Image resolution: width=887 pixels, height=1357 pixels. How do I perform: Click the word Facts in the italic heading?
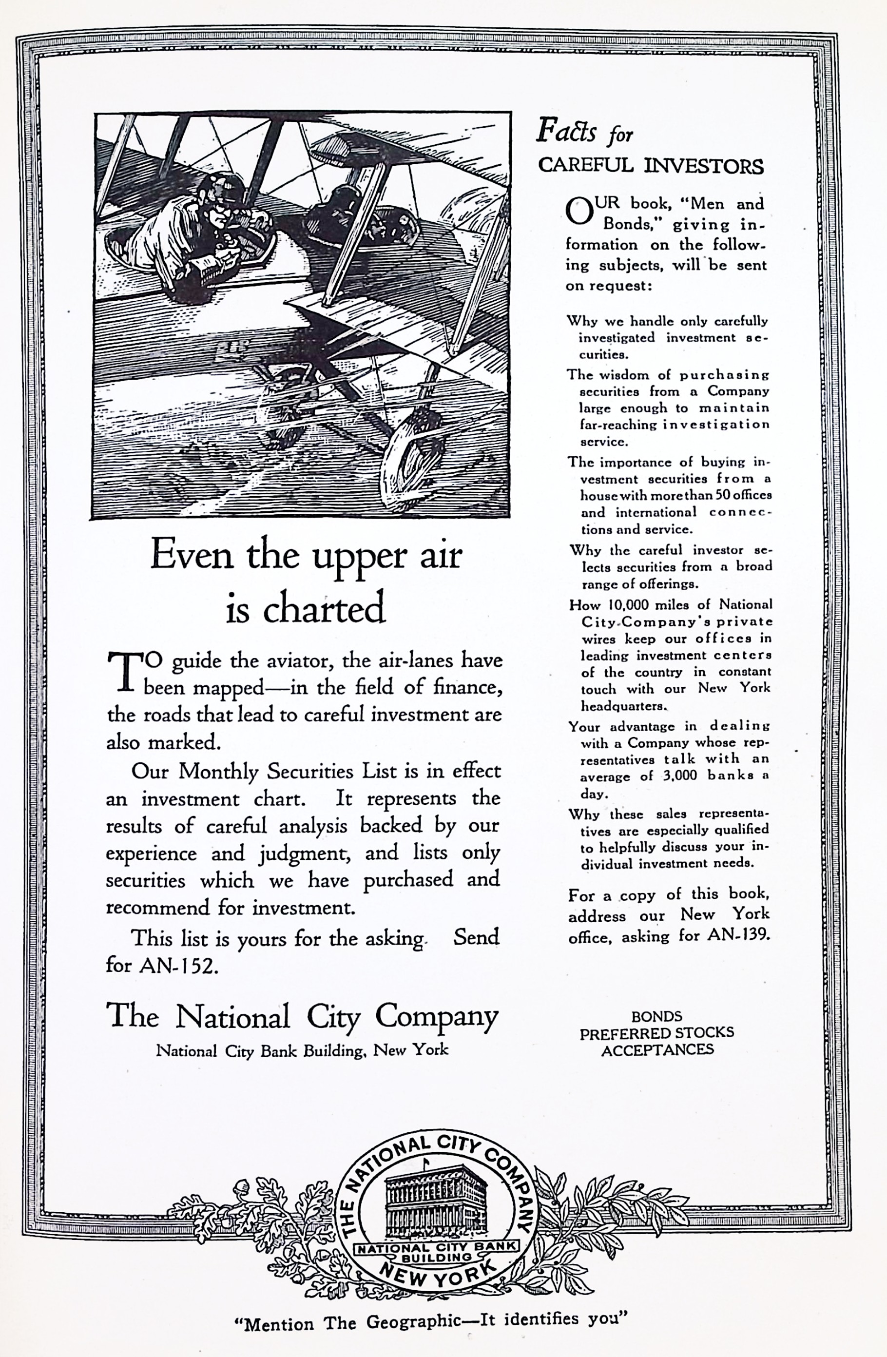567,131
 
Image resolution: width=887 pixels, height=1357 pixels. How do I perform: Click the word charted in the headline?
323,608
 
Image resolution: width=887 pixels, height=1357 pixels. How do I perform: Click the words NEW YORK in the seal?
436,1276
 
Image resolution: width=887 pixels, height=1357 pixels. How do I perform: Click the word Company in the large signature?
436,1016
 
